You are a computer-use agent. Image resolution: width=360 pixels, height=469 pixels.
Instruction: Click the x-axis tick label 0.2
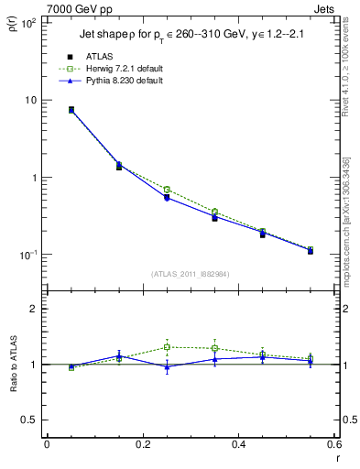[143, 443]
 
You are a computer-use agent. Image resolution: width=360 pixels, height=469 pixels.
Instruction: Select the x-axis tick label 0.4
[238, 443]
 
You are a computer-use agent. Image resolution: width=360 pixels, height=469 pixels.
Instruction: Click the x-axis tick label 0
[48, 443]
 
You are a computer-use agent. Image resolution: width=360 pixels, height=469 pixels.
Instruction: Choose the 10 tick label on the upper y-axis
[29, 100]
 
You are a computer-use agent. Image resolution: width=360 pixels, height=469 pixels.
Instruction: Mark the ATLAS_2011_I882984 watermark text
[191, 274]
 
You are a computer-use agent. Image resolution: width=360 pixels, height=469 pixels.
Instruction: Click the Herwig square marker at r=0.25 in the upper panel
[167, 190]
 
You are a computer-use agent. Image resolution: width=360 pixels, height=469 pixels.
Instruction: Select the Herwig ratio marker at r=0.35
[214, 348]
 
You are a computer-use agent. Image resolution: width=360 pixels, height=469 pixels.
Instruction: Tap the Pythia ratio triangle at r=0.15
[119, 355]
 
